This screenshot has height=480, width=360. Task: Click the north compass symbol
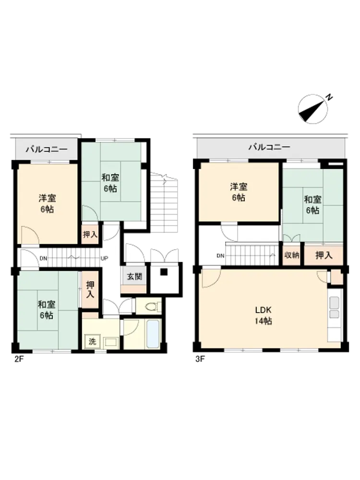tap(313, 108)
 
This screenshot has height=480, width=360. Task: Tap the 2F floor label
tap(19, 359)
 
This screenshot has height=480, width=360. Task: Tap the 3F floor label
tap(200, 359)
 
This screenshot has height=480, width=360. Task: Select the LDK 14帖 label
tap(263, 315)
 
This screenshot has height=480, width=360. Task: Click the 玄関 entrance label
tap(134, 277)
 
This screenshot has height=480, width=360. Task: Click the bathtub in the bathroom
tap(153, 334)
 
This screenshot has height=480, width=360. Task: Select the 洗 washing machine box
tap(92, 341)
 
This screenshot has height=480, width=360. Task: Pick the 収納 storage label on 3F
tap(291, 255)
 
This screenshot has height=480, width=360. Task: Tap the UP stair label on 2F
tap(104, 258)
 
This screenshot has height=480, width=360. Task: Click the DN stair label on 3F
tap(220, 256)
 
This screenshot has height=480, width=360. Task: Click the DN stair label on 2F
tap(43, 258)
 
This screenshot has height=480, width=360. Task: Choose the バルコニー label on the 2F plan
tap(47, 149)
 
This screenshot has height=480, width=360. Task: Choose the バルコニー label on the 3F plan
tap(269, 147)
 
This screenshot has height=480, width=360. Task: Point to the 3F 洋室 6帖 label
tap(239, 192)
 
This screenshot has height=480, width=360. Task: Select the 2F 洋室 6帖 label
tap(47, 204)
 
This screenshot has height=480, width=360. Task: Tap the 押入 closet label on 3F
tap(324, 255)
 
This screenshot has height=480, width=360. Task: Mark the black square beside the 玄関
tap(164, 272)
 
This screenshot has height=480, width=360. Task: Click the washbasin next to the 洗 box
tap(110, 342)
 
